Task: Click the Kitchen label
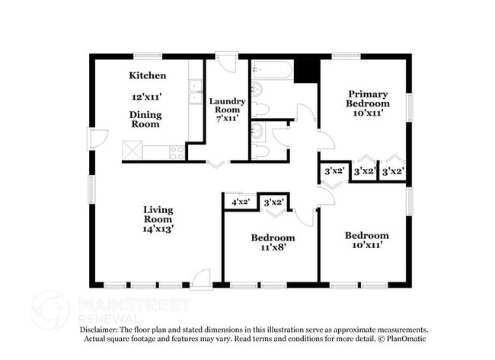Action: click(147, 75)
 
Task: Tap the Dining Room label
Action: click(144, 119)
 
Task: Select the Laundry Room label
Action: click(227, 106)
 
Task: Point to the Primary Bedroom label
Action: click(367, 98)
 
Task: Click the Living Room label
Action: click(158, 214)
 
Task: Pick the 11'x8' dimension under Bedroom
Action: click(273, 247)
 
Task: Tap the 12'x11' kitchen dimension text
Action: click(147, 97)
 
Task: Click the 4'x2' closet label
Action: click(241, 202)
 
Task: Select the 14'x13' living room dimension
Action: click(158, 228)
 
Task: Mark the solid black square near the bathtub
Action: click(306, 71)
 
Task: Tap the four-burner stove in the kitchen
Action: click(177, 151)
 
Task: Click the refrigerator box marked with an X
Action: click(132, 150)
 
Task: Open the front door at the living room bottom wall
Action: click(201, 280)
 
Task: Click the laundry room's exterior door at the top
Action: click(227, 60)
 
